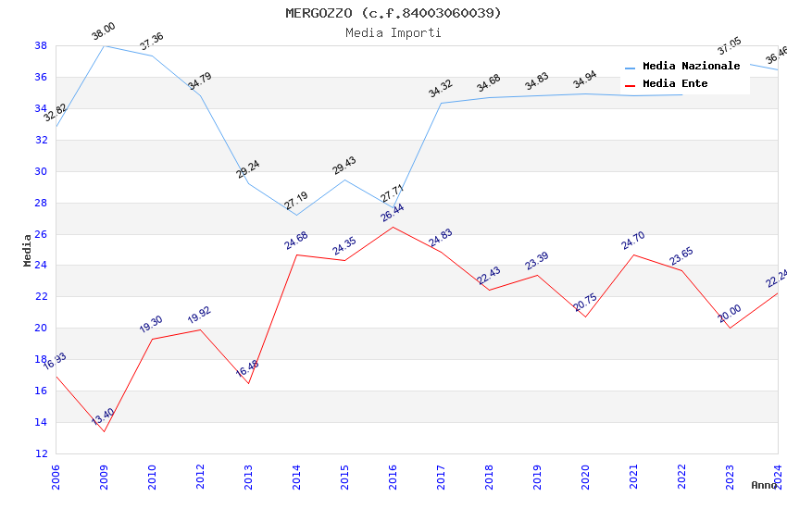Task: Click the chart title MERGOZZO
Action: coord(393,13)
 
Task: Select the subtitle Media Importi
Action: coord(393,32)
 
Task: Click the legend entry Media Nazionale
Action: coord(691,67)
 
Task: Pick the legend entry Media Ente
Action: coord(675,84)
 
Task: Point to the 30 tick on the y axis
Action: coord(42,171)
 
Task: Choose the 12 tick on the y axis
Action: coord(42,453)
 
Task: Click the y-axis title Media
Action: coord(28,250)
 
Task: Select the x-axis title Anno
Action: coord(764,485)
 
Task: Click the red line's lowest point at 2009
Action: coord(104,431)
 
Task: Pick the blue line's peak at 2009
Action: coord(104,45)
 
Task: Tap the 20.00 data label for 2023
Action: coord(730,313)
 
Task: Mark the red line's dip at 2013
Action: coord(248,383)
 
